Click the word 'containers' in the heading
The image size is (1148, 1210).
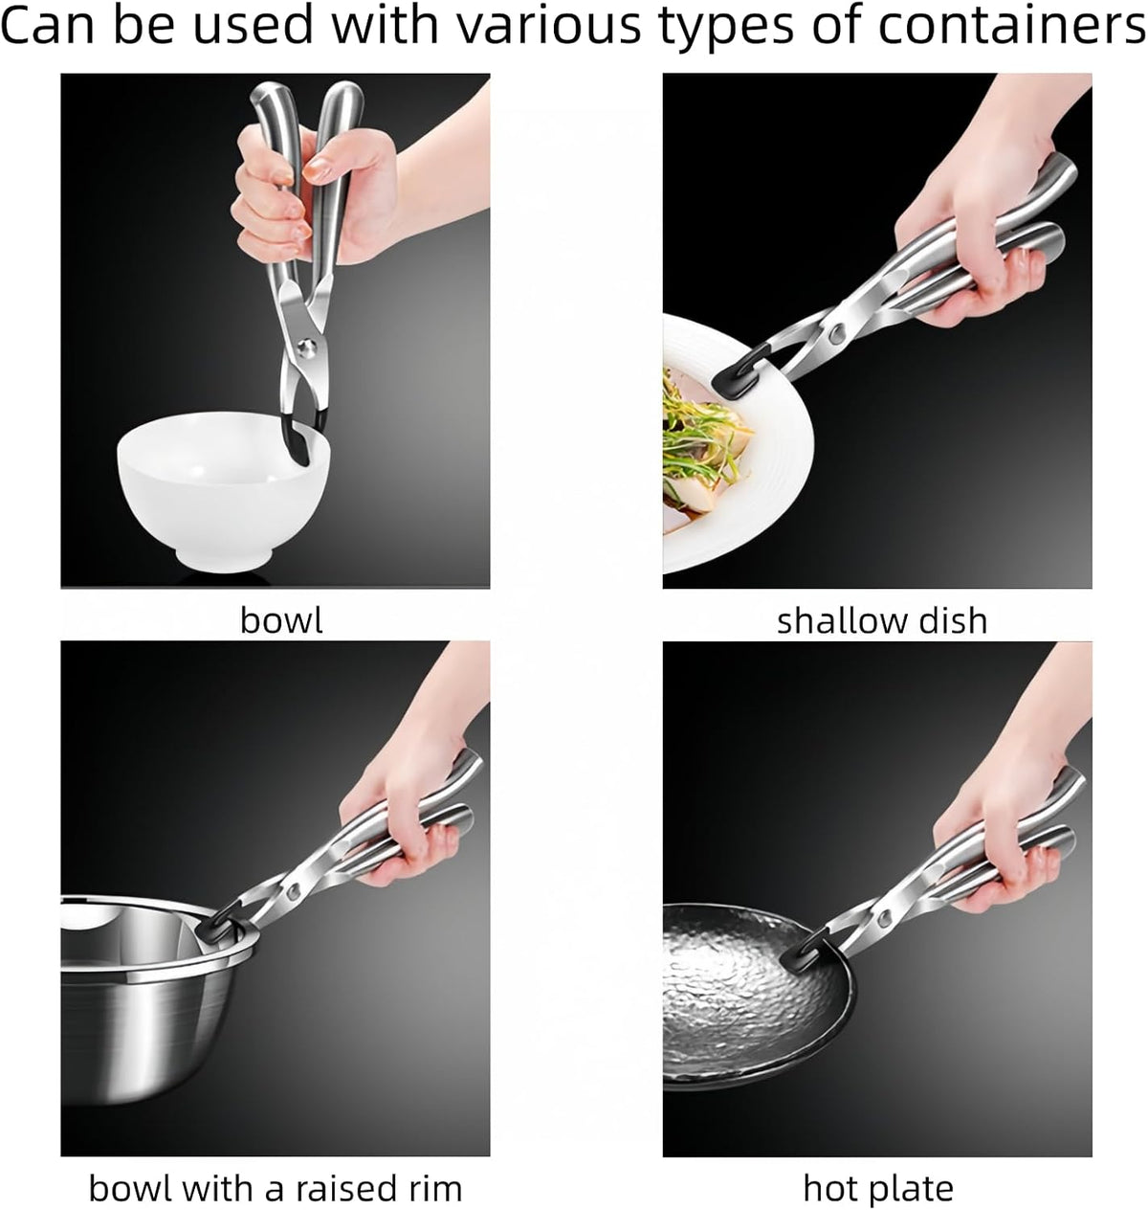click(1012, 26)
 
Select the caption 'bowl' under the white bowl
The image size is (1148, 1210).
click(281, 620)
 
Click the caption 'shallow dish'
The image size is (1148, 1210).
click(882, 620)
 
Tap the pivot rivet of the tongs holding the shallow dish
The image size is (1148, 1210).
click(836, 334)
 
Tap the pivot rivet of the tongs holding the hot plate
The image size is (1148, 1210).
click(885, 919)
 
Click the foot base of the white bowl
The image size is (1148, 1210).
click(223, 560)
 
